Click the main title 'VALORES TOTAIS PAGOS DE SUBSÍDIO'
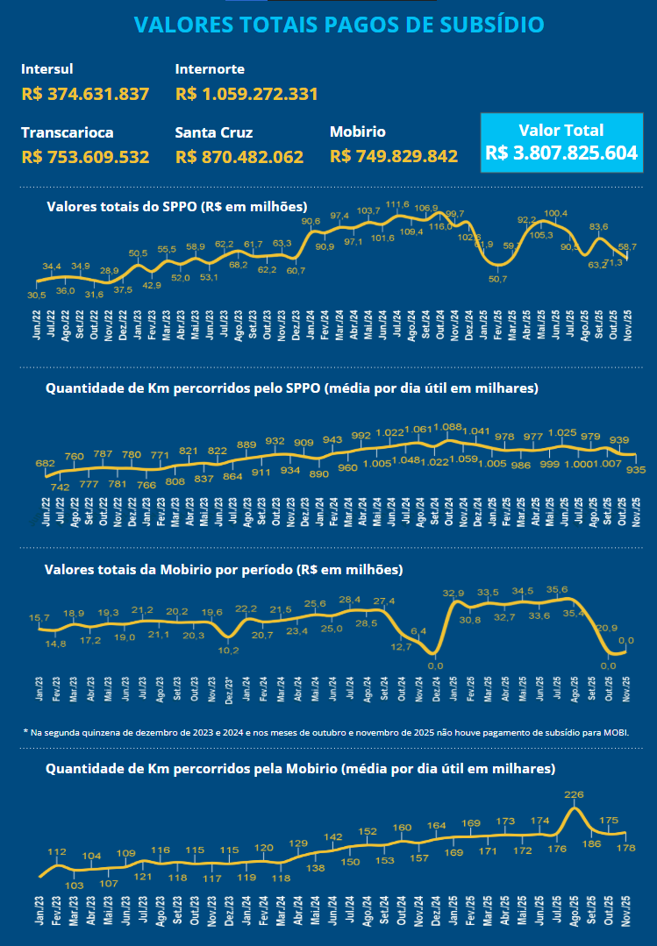(339, 25)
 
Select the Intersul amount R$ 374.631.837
(85, 94)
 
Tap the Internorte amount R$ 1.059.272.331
(246, 94)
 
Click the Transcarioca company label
(68, 132)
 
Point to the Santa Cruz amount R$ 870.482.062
(239, 157)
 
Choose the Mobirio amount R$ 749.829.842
(394, 157)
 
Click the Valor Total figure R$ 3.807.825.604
(561, 153)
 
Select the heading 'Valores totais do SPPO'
(176, 207)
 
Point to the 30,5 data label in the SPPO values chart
(37, 295)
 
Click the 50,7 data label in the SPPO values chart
(497, 279)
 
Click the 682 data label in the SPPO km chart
(45, 463)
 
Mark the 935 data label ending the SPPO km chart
(636, 470)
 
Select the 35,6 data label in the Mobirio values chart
(556, 590)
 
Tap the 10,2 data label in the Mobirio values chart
(228, 650)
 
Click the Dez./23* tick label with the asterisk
(229, 688)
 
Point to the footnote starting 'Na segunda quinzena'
(326, 731)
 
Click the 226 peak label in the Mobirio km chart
(574, 795)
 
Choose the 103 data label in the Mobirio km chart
(75, 886)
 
